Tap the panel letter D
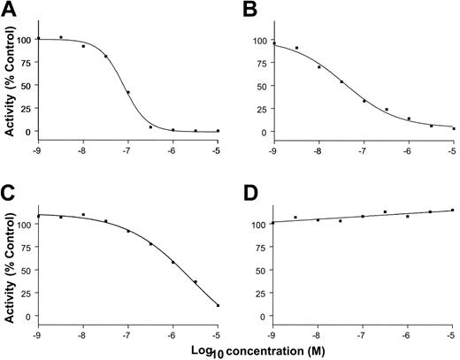tap(245, 195)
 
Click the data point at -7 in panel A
tap(128, 92)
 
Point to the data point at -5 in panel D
tap(453, 210)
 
